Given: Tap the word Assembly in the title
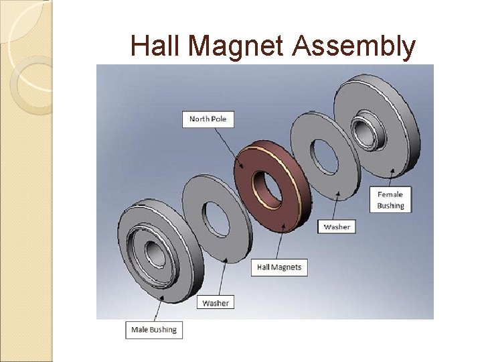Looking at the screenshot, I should tap(353, 46).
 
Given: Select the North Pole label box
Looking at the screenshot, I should tap(208, 119).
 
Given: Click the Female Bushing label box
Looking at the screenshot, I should tap(390, 200).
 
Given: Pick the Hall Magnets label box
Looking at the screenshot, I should tap(279, 267).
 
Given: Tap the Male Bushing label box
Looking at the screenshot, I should tap(154, 329).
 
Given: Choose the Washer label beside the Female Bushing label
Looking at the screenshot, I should tap(337, 227).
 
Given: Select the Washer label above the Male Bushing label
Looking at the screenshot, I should tap(216, 303).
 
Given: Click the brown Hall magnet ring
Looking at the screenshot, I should tap(244, 168).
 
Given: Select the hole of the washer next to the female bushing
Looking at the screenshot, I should tap(329, 155).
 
